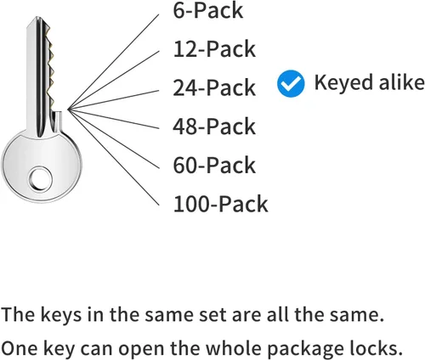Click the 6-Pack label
pos(208,10)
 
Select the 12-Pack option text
pos(214,49)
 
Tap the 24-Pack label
pos(214,87)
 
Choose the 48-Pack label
pos(214,127)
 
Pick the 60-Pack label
pos(214,165)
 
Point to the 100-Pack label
pos(220,204)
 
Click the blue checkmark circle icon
pos(291,83)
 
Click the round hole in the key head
pos(40,179)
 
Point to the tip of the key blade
pos(37,18)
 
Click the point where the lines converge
pos(68,110)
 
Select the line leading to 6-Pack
pos(113,62)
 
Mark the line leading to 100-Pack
pos(114,157)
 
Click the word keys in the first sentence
pos(61,315)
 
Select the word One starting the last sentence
pos(20,348)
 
